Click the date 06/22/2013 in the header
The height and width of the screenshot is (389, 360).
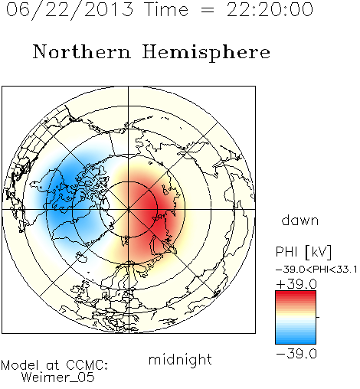point(70,10)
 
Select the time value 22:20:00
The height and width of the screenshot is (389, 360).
point(270,9)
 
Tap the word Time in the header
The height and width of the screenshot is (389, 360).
point(166,9)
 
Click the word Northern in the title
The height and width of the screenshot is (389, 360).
point(82,51)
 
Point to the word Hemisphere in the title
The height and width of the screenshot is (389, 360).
point(206,53)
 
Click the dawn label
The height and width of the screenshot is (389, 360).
point(300,220)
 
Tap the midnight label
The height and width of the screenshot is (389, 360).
point(180,359)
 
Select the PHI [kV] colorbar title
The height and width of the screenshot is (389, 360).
point(303,252)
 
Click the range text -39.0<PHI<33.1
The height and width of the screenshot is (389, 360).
point(316,270)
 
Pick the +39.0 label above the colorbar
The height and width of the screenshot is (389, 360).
point(296,284)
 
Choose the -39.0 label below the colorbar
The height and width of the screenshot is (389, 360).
point(296,354)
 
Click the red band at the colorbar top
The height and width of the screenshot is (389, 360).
point(296,294)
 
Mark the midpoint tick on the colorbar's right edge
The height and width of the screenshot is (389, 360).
point(317,317)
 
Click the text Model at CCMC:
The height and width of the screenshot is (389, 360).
point(54,365)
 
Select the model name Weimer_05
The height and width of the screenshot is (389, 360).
point(57,377)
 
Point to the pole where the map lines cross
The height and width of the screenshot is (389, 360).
point(129,209)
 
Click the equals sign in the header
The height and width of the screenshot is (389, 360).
point(208,10)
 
